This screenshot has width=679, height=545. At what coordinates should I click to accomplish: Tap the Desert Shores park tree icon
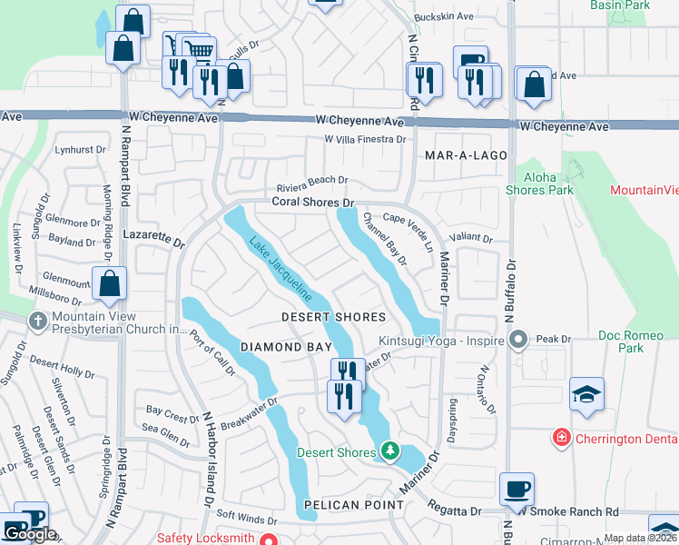pos(390,451)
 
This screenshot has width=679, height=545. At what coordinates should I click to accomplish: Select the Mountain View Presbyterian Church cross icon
pos(37,321)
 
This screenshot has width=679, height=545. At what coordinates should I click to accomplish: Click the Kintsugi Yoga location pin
pos(518,341)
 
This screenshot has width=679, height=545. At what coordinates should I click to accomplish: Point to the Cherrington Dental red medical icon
pos(562,438)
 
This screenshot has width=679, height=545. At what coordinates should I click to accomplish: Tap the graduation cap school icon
pos(586,395)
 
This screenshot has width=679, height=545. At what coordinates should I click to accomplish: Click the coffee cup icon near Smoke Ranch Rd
pos(517,489)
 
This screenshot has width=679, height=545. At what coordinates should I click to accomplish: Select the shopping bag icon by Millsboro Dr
pos(110,283)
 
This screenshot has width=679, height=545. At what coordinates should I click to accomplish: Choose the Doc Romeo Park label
pos(633,342)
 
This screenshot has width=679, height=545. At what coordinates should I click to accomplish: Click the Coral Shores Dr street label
pos(311,202)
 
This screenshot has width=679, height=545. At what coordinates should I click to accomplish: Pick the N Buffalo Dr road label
pos(510,291)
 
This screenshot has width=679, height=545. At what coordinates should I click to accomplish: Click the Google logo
pos(30,535)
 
